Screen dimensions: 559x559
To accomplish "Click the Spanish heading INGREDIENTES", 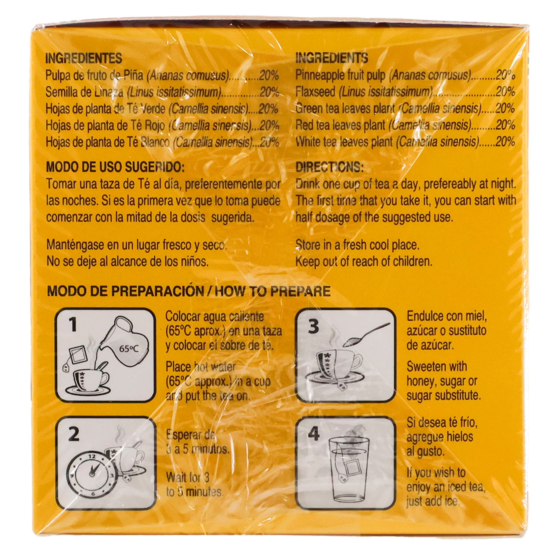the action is coord(84,58).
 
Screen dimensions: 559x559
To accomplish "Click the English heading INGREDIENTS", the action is coord(331,58).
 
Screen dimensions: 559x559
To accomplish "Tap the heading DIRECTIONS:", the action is coord(330,167).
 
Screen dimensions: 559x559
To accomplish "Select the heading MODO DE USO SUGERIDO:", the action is coord(115,167).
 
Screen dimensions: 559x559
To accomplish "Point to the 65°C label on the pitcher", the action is coord(129,349).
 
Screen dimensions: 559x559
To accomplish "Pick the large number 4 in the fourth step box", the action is coord(314,434).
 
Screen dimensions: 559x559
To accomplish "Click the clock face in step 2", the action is coord(90,475).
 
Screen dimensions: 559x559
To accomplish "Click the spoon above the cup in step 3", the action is coord(366,335).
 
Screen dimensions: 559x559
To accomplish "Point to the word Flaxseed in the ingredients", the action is coord(315,92).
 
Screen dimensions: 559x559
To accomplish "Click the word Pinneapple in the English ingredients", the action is coord(321,75).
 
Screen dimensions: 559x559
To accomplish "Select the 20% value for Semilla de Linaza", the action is coord(269,92).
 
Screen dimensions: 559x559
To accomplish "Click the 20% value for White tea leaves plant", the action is coord(505,142).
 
